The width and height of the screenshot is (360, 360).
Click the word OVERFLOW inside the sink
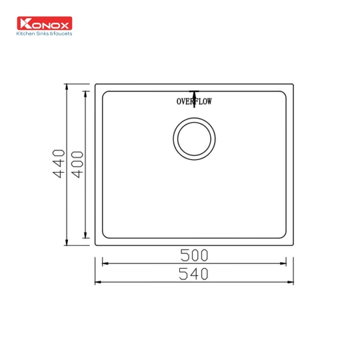click(194, 102)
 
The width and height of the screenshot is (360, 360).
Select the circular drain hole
click(194, 139)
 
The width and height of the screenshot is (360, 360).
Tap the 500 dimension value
click(194, 255)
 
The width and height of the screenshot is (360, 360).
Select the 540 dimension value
click(194, 274)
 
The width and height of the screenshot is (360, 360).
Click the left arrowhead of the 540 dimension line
click(97, 283)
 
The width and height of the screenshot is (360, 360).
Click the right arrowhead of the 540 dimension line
click(291, 283)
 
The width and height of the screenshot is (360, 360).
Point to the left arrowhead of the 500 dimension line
click(104, 263)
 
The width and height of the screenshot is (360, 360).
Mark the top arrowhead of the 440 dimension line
click(67, 86)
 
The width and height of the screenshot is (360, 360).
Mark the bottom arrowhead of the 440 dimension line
click(67, 243)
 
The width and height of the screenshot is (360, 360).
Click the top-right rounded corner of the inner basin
click(283, 94)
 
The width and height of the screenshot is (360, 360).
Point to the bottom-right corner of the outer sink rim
click(293, 244)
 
